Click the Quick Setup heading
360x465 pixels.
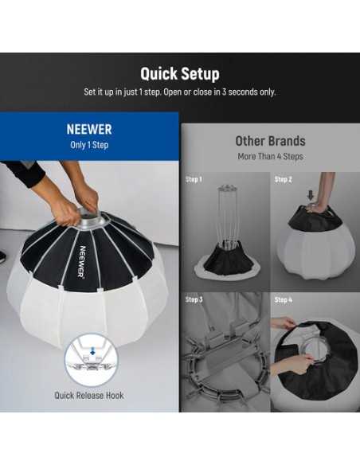(180, 74)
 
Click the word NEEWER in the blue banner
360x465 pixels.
(89, 128)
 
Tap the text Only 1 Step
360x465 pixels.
(89, 144)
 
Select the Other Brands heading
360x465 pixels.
(270, 141)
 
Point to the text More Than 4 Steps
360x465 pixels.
(270, 156)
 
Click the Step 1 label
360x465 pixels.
(194, 179)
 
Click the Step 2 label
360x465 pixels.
(284, 179)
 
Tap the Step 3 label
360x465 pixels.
(194, 299)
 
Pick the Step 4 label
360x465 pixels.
(284, 299)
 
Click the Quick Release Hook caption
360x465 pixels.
(89, 395)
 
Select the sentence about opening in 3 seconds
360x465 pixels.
(180, 92)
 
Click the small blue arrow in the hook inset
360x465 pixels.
(92, 348)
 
